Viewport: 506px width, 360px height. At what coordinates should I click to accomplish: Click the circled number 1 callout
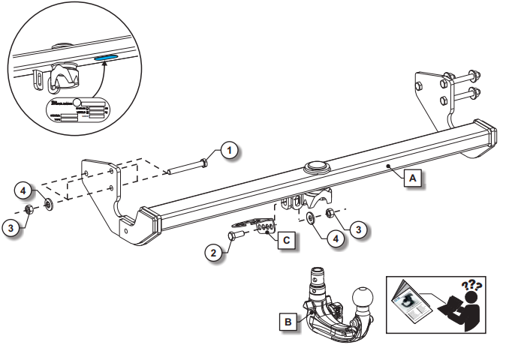click(x=231, y=150)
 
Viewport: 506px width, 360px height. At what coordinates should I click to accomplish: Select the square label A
click(x=411, y=178)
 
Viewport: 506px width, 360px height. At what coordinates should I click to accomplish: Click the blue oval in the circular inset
click(x=107, y=56)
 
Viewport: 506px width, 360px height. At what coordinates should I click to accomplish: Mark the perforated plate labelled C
click(x=263, y=225)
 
